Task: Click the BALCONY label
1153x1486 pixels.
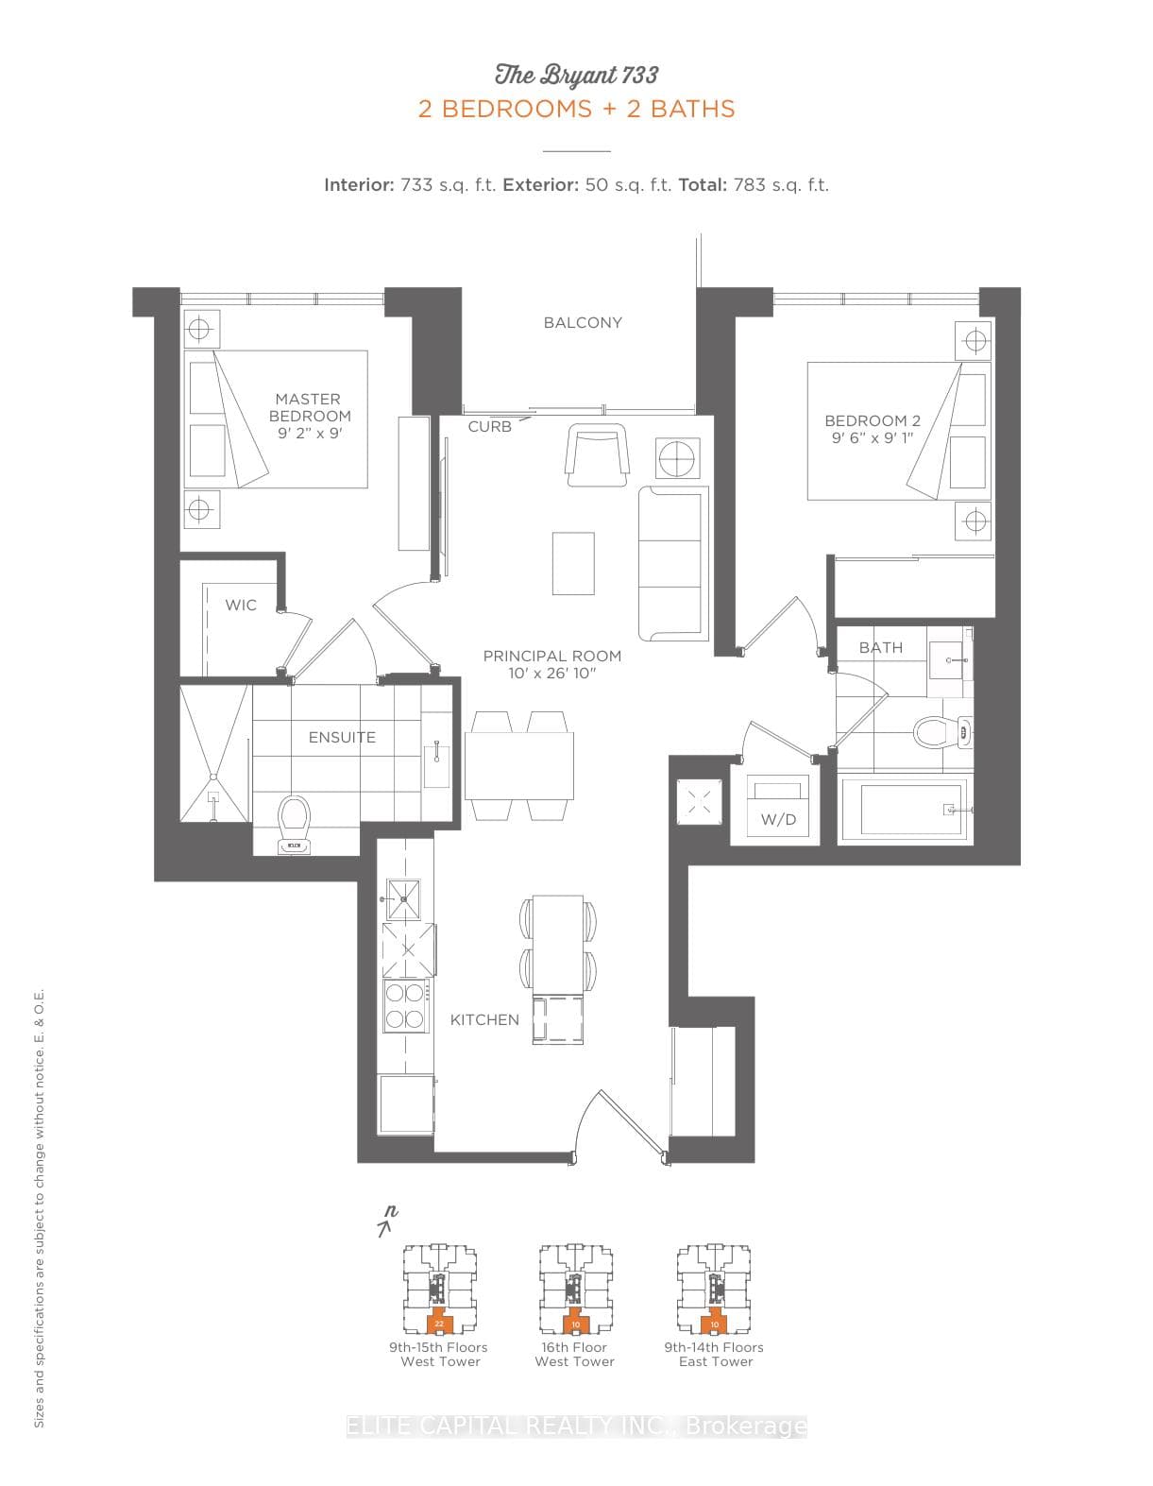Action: click(x=583, y=323)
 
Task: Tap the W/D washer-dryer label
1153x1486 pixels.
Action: click(x=778, y=819)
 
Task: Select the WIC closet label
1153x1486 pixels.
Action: click(x=241, y=605)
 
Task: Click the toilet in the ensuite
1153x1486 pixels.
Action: click(x=294, y=823)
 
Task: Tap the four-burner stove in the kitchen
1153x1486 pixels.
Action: click(x=405, y=1006)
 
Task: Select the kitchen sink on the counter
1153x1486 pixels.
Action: click(x=403, y=898)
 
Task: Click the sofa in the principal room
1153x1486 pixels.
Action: click(x=673, y=563)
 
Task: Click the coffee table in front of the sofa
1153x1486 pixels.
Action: click(x=573, y=563)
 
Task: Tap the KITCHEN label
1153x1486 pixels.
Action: click(x=484, y=1020)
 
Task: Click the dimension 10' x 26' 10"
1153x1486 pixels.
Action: click(x=551, y=674)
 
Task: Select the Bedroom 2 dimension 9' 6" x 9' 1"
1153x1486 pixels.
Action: click(x=872, y=438)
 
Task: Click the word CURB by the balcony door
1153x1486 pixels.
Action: click(x=490, y=427)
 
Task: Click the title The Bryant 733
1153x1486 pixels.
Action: click(x=576, y=76)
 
